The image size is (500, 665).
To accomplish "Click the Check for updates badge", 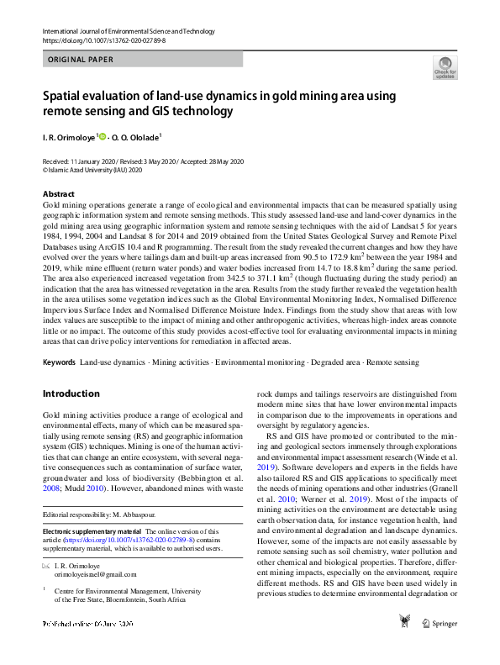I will pos(445,67).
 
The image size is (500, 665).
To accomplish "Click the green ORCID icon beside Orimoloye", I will pos(103,135).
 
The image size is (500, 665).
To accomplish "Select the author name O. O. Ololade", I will pos(138,136).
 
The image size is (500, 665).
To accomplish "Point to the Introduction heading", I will pos(71,393).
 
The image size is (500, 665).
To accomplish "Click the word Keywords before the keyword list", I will pos(59,362).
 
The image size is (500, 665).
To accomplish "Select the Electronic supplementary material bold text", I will pos(92,531).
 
